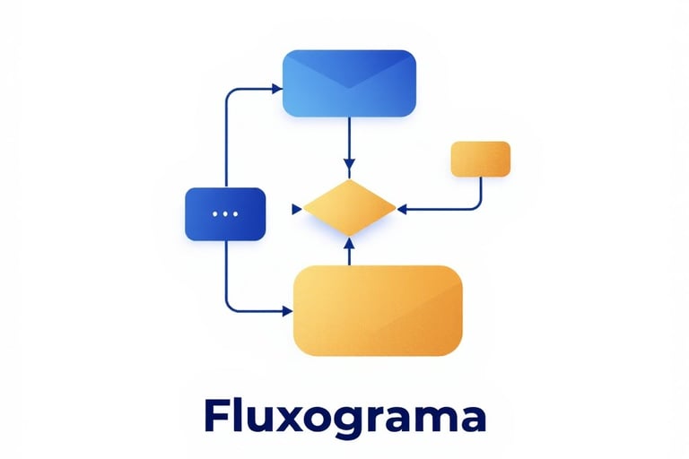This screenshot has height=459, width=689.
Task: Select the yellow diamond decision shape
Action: pyautogui.click(x=349, y=208)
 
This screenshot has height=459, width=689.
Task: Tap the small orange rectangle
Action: pyautogui.click(x=480, y=159)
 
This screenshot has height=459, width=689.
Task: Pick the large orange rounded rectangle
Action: pyautogui.click(x=378, y=311)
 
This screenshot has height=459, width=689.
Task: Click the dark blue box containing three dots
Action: pyautogui.click(x=224, y=214)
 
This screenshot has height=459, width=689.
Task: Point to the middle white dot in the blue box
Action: pyautogui.click(x=224, y=214)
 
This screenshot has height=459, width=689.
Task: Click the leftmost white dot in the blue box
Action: pyautogui.click(x=214, y=214)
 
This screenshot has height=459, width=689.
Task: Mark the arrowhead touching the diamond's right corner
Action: pyautogui.click(x=402, y=209)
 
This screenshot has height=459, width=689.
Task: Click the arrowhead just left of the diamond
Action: pyautogui.click(x=296, y=209)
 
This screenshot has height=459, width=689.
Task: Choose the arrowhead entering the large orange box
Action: pyautogui.click(x=288, y=311)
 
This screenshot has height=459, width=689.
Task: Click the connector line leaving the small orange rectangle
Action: pyautogui.click(x=481, y=193)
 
